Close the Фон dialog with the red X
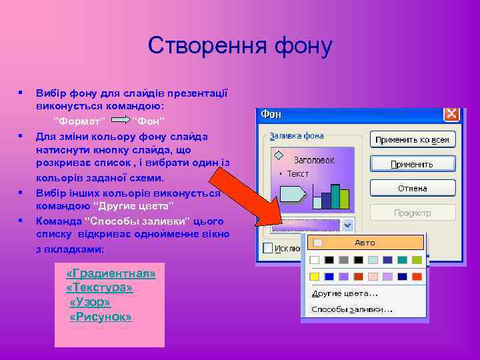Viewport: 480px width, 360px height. (x=451, y=114)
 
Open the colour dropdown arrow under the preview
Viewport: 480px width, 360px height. (x=347, y=225)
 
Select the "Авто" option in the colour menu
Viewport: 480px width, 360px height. (x=365, y=243)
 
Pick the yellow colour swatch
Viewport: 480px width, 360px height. (x=315, y=277)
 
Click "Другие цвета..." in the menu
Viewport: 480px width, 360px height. (x=345, y=293)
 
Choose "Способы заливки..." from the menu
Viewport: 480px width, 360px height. (x=352, y=309)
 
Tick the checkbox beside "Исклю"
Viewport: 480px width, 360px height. (x=268, y=248)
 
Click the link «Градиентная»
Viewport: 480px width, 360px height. (x=111, y=274)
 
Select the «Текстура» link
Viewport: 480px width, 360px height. (x=99, y=288)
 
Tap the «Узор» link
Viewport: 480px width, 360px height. (x=90, y=302)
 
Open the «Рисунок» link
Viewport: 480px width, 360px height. (x=101, y=317)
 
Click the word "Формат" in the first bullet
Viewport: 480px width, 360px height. (x=79, y=121)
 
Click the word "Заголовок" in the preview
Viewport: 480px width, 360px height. (x=314, y=161)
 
